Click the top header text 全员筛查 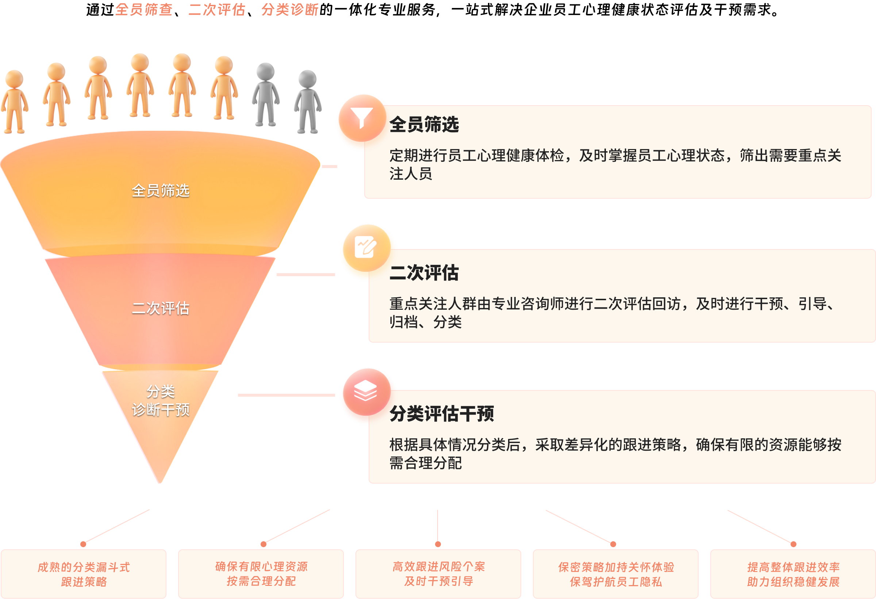[x=143, y=10]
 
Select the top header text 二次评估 [x=217, y=10]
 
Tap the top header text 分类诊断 [x=290, y=10]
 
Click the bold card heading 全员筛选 [x=424, y=125]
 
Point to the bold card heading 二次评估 [x=424, y=273]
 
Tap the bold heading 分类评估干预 [x=441, y=414]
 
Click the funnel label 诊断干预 [x=161, y=410]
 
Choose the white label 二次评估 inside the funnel [x=161, y=308]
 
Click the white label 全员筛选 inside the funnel [x=161, y=191]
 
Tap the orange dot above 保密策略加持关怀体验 [x=613, y=544]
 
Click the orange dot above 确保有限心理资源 [x=264, y=544]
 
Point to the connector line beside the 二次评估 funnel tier [x=306, y=275]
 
